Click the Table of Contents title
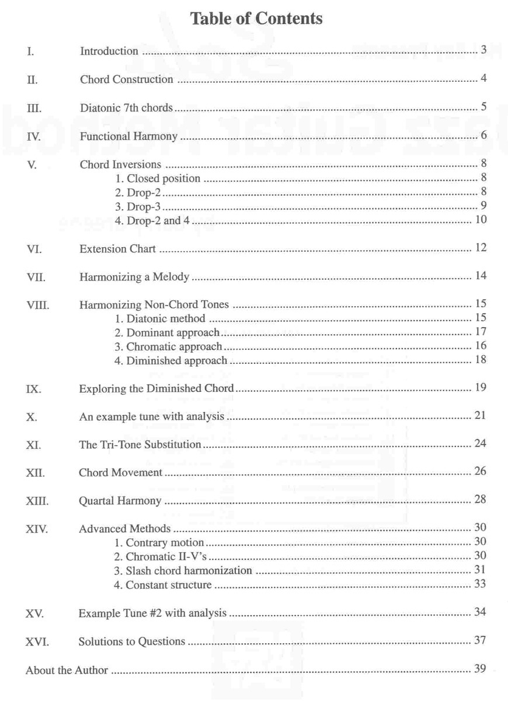(256, 19)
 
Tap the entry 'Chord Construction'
(126, 79)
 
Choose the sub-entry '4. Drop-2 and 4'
(154, 220)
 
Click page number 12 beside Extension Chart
(481, 248)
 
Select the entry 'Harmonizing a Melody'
(134, 277)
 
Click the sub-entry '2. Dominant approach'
(167, 333)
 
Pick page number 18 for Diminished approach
(481, 359)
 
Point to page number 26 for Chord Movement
(481, 471)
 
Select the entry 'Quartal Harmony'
(120, 501)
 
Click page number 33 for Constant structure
(481, 583)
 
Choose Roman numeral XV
(35, 614)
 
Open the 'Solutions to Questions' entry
(132, 642)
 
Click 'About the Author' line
(67, 671)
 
